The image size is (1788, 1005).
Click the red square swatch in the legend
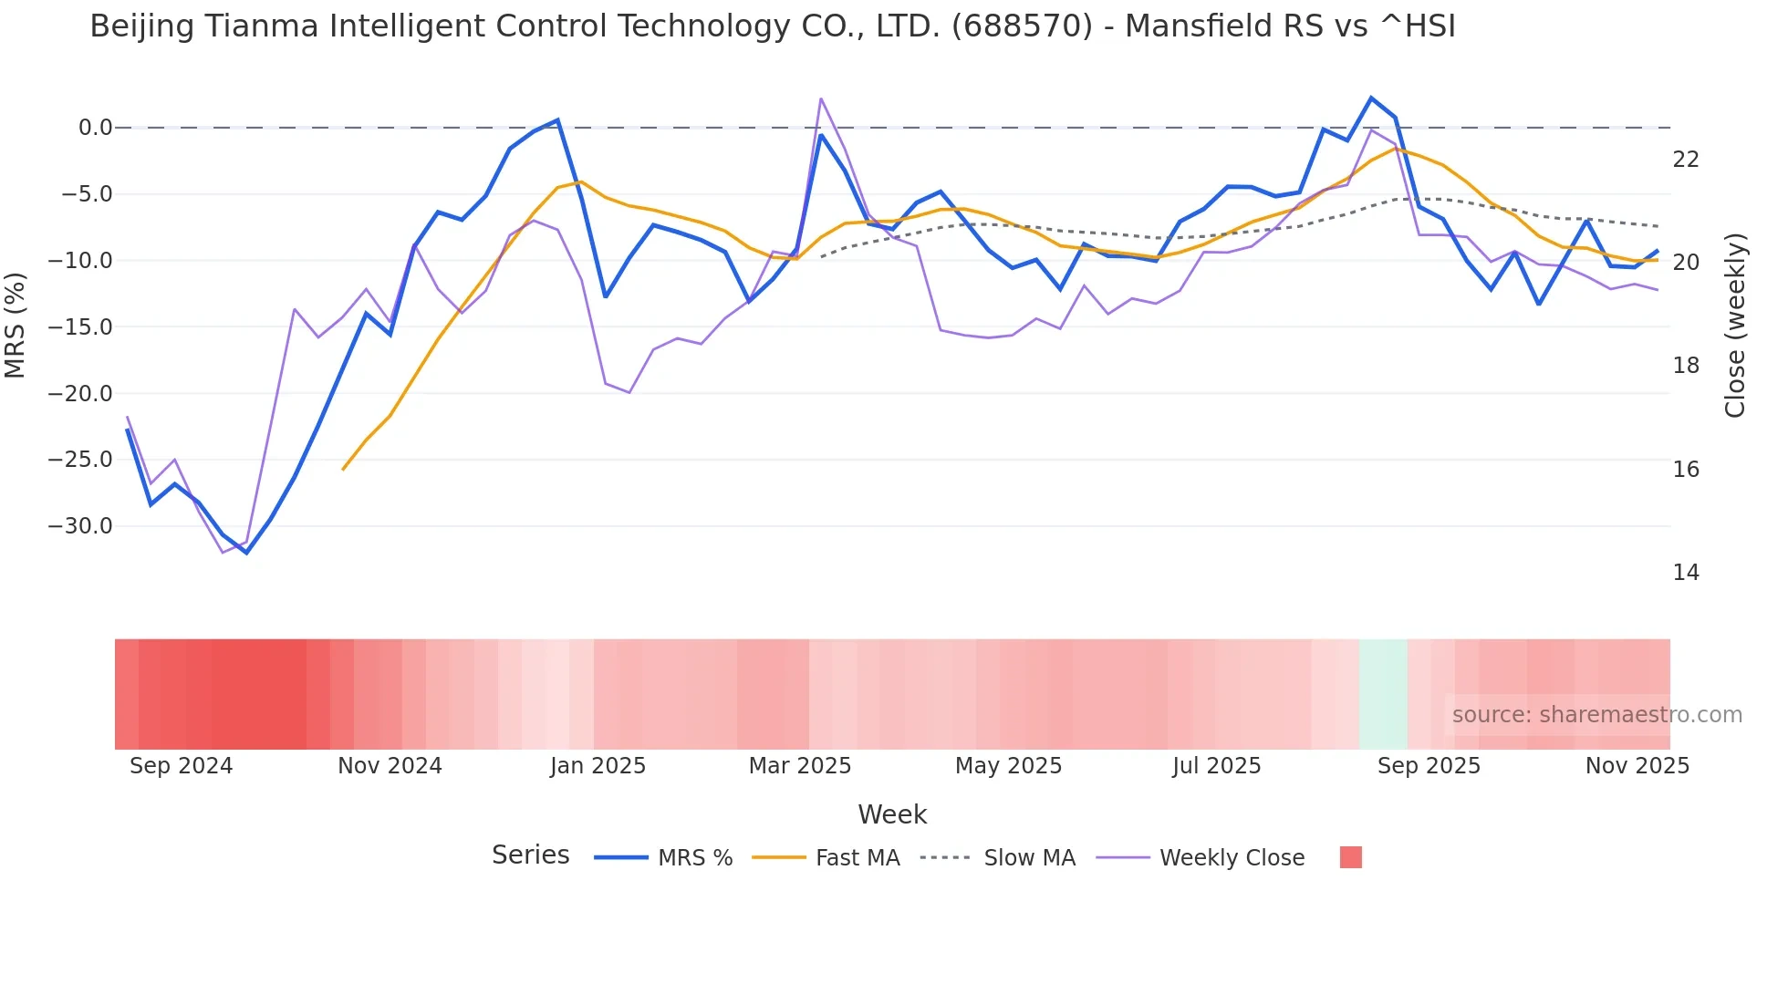coord(1350,857)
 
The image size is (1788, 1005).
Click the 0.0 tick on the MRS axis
coord(95,128)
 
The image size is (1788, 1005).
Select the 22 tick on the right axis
coord(1686,160)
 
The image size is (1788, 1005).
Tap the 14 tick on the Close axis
coord(1686,573)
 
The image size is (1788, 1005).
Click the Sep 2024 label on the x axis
coord(181,766)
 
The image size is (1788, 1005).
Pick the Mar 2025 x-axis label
coord(800,766)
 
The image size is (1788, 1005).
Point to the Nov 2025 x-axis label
coord(1637,766)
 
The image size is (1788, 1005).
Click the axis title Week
coord(892,814)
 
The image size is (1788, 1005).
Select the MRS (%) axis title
coord(16,325)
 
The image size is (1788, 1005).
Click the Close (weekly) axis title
coord(1735,325)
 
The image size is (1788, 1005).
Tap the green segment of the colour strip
coord(1383,694)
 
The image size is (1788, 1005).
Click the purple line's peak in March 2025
coord(821,98)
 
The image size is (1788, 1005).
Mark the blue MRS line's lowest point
coord(246,553)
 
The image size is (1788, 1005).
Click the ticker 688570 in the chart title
coord(1022,26)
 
